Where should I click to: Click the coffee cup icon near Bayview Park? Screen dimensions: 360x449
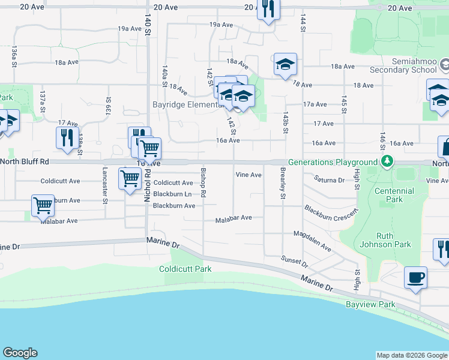[x=415, y=278]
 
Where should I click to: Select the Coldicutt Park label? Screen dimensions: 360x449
[x=185, y=269]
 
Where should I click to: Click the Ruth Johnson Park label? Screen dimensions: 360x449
[x=393, y=240]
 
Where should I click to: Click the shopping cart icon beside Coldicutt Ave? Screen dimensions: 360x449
[x=130, y=178]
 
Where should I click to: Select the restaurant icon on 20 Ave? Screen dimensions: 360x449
[x=268, y=8]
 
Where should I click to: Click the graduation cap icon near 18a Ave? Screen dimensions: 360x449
[x=285, y=64]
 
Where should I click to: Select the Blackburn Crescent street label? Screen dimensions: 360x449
[x=330, y=218]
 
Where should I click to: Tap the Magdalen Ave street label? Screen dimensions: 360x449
[x=312, y=241]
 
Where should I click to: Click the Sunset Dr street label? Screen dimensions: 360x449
[x=294, y=261]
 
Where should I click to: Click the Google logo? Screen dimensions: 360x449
[x=20, y=353]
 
